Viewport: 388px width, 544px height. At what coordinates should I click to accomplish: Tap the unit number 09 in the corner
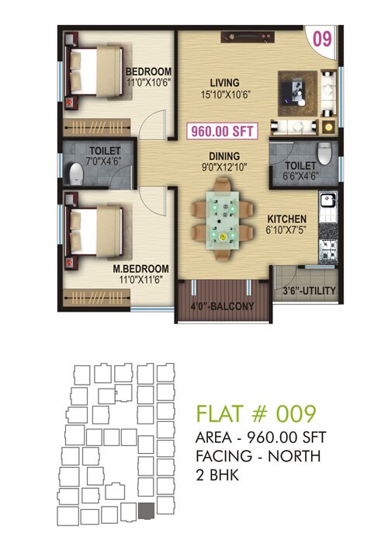click(x=323, y=37)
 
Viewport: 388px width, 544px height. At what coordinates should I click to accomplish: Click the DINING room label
click(x=223, y=155)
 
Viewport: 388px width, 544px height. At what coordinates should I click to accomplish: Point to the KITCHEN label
click(x=287, y=219)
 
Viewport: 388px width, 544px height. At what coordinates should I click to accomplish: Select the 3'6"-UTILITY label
click(x=308, y=291)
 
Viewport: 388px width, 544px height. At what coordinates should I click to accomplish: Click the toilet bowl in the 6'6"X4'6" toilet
click(x=327, y=150)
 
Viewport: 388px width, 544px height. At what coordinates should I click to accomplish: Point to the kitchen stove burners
click(x=327, y=248)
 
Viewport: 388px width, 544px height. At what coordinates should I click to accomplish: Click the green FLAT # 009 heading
click(x=256, y=413)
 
